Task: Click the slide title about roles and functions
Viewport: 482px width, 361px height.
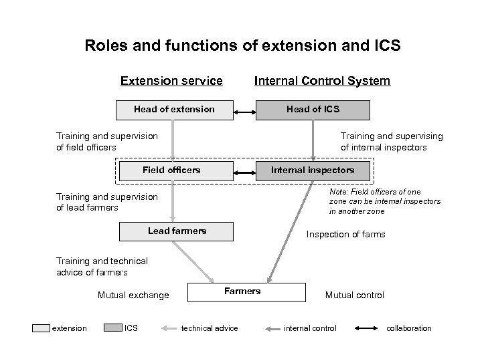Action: point(242,46)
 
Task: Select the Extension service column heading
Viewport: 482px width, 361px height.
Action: point(171,81)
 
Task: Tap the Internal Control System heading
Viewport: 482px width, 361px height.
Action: point(322,81)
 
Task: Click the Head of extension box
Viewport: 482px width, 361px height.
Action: point(174,110)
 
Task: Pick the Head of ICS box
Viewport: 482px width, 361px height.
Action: point(313,110)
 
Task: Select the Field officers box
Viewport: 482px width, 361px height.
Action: point(171,170)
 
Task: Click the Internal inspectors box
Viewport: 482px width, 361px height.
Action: point(313,170)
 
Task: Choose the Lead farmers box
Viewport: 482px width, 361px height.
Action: point(177,231)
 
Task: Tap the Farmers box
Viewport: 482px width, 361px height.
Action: point(242,292)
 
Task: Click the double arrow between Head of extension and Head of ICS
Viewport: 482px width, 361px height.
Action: point(244,111)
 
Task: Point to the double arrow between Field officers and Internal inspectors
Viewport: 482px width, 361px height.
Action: point(244,171)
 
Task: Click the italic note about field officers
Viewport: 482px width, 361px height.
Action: point(384,201)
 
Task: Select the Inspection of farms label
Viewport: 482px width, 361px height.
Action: point(345,235)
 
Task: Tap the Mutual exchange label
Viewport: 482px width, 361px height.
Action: point(133,295)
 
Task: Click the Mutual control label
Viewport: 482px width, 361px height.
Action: point(354,295)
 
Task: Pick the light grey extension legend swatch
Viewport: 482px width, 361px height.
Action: point(41,328)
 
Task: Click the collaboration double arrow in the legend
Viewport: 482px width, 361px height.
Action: point(366,328)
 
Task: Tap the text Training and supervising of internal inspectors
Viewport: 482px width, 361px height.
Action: point(392,142)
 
